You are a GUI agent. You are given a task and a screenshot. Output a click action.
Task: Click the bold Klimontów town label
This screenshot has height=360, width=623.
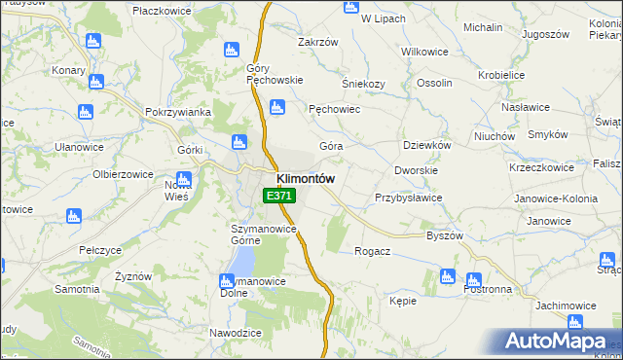(x=306, y=179)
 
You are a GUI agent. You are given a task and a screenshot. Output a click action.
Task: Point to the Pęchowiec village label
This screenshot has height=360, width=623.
(x=335, y=110)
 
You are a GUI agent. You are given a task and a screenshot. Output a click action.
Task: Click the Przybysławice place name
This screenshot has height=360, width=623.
(x=409, y=198)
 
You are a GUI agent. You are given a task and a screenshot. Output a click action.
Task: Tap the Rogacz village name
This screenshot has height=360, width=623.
(x=374, y=251)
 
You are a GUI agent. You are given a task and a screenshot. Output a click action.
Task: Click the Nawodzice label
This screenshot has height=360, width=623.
(x=236, y=333)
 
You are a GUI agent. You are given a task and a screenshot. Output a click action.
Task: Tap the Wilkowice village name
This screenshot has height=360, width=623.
(x=423, y=50)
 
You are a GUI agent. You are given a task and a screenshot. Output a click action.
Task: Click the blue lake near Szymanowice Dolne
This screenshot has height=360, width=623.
(x=243, y=259)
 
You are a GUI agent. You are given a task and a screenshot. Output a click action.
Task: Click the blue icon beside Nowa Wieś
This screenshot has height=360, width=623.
(x=183, y=178)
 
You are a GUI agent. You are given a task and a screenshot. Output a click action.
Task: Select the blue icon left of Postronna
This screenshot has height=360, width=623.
(x=447, y=276)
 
